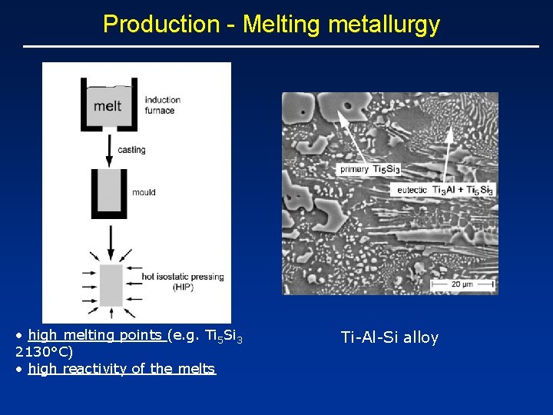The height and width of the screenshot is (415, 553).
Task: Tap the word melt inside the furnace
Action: pos(108,105)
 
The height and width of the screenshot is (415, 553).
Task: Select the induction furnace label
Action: pos(163,105)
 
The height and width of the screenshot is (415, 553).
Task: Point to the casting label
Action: pos(131,150)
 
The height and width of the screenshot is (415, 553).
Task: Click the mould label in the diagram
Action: pos(144,192)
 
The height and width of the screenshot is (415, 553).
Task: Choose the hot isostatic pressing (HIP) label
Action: pos(182,282)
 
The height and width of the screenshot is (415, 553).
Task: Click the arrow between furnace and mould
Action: pos(111,147)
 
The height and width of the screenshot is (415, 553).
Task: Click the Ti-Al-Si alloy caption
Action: pos(389,337)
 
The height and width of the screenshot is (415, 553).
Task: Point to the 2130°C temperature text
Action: pos(44,352)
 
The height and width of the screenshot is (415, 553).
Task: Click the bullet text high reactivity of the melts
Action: pos(121,369)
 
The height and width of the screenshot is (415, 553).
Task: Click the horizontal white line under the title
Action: pos(281,47)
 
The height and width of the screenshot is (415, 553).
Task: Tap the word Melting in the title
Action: pos(283,25)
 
